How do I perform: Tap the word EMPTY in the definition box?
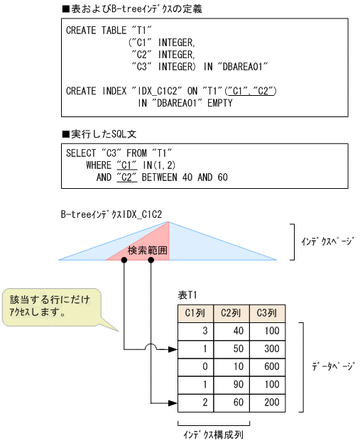coord(218,103)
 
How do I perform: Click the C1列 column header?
coord(195,312)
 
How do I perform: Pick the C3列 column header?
coord(267,312)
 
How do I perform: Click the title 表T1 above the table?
coord(187,295)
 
